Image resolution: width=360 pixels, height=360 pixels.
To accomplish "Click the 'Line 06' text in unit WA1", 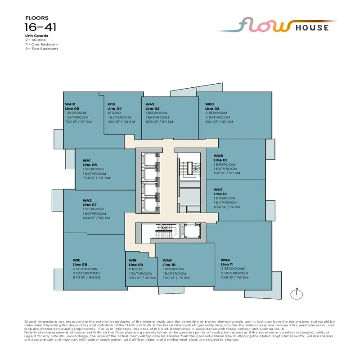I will tap(90, 165).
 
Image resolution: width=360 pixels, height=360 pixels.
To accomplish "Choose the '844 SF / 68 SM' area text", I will tap(96, 218).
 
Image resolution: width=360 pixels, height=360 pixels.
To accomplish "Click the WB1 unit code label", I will tap(76, 260).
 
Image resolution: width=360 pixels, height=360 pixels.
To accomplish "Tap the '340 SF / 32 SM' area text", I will tap(142, 278).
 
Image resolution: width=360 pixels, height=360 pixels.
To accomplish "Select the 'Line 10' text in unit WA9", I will tap(169, 265).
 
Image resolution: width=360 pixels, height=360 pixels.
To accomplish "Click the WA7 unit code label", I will tap(219, 189).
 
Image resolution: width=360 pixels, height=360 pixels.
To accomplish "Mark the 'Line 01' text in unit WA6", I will tap(221, 160).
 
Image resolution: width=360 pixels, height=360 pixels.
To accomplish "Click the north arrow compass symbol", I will tap(296, 294).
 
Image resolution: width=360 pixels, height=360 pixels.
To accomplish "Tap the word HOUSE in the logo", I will tap(313, 27).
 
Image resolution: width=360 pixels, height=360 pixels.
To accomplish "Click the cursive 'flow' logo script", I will tap(265, 26).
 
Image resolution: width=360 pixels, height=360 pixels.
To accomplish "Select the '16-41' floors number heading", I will tap(41, 27).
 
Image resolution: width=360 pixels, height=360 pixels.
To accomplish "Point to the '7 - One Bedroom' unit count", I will tap(41, 44).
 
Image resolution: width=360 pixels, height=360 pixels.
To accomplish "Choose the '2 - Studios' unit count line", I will tap(36, 40).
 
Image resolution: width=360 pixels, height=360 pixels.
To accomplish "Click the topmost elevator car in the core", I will tap(148, 160).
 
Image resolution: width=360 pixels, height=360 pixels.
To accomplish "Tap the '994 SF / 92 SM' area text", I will tap(219, 121).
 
